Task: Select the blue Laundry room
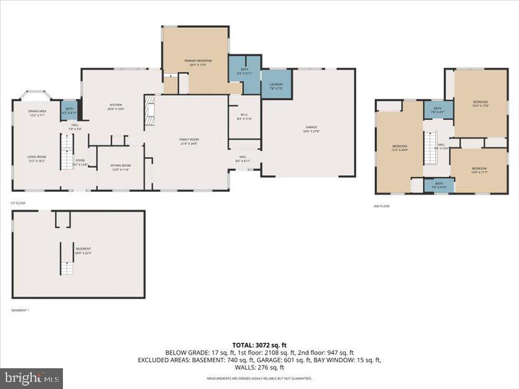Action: point(276,84)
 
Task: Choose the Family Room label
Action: point(189,141)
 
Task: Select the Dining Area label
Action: point(36,113)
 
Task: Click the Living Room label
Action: point(36,158)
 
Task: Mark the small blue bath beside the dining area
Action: point(69,109)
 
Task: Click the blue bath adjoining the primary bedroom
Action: point(244,71)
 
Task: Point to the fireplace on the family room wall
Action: point(149,110)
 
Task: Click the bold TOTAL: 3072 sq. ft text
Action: point(259,344)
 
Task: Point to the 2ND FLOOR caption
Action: point(381,206)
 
